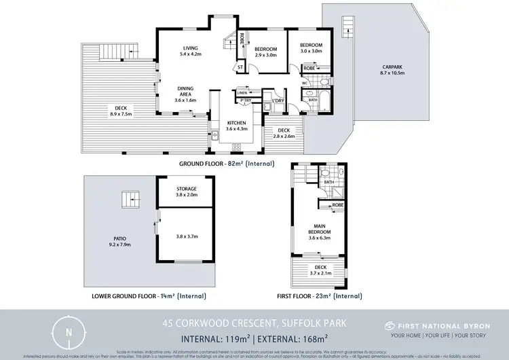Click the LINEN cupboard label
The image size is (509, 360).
(242, 92)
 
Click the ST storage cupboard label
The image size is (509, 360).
(239, 67)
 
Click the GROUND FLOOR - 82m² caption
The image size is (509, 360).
(226, 164)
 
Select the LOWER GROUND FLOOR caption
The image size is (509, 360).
(148, 296)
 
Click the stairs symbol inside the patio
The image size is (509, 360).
(130, 200)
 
